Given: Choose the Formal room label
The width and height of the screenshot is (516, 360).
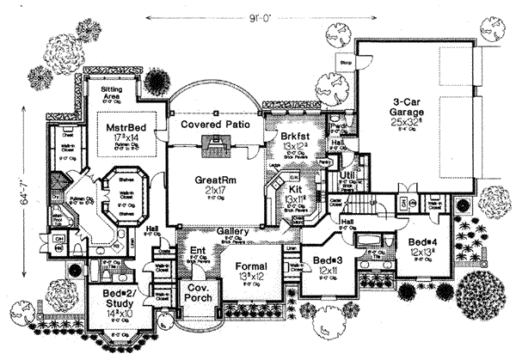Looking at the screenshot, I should (x=251, y=267).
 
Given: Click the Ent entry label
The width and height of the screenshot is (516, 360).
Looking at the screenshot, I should (x=196, y=253).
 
